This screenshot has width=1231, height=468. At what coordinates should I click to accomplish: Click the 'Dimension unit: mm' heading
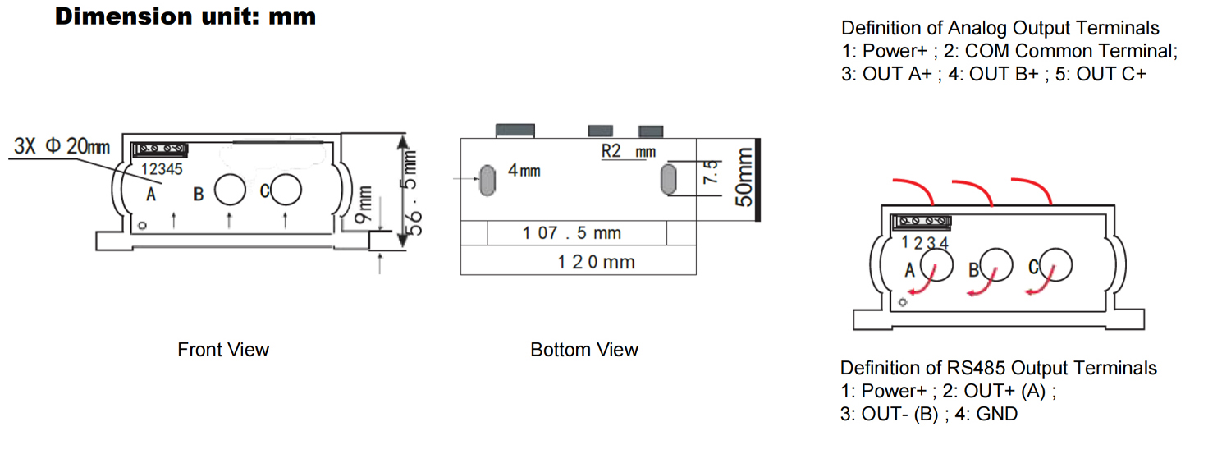[x=185, y=17]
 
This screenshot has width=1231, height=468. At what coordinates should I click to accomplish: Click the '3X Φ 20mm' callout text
[x=62, y=146]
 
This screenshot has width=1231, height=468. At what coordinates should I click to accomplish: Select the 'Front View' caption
[x=223, y=350]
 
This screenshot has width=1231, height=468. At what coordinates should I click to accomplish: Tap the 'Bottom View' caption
[x=584, y=350]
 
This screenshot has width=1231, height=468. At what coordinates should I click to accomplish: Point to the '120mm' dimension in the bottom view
[x=597, y=262]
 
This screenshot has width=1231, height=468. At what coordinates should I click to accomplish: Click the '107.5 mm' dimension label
[x=571, y=233]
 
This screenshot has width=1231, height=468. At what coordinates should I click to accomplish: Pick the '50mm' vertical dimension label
[x=744, y=177]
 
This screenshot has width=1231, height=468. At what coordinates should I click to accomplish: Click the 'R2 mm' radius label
[x=628, y=151]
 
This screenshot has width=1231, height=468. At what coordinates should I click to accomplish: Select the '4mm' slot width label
[x=524, y=171]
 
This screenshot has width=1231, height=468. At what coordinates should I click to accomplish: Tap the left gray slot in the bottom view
[x=487, y=180]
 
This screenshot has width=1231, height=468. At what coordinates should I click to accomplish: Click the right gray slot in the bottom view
[x=668, y=179]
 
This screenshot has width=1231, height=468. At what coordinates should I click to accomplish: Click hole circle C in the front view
[x=286, y=190]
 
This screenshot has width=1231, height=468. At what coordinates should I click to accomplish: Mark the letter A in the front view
[x=150, y=194]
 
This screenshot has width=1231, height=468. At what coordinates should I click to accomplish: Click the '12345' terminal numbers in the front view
[x=162, y=169]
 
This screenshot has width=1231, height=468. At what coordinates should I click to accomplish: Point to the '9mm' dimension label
[x=364, y=204]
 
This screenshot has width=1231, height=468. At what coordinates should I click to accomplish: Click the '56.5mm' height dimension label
[x=412, y=192]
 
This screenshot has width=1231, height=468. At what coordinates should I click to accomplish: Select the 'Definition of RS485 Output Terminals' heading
[x=999, y=368]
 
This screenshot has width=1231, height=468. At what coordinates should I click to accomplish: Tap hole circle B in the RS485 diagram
[x=996, y=264]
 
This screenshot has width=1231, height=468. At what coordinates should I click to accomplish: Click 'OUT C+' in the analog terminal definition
[x=1111, y=74]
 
